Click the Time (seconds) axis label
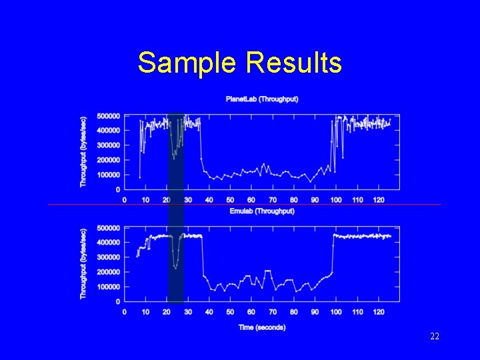[261, 327]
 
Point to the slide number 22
[434, 337]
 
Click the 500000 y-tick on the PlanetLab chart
[109, 115]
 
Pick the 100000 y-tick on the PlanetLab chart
[109, 175]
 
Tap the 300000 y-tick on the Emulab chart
[109, 257]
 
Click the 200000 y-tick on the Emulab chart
[109, 272]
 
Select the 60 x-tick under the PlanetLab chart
[251, 200]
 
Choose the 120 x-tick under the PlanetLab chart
[379, 200]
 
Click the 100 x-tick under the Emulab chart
[336, 312]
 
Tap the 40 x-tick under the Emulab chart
[209, 312]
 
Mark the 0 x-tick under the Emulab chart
[125, 312]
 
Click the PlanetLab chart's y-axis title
[83, 152]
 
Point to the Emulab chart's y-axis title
[83, 264]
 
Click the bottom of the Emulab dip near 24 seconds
[175, 268]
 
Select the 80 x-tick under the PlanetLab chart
[294, 200]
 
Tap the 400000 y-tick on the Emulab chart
[109, 243]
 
